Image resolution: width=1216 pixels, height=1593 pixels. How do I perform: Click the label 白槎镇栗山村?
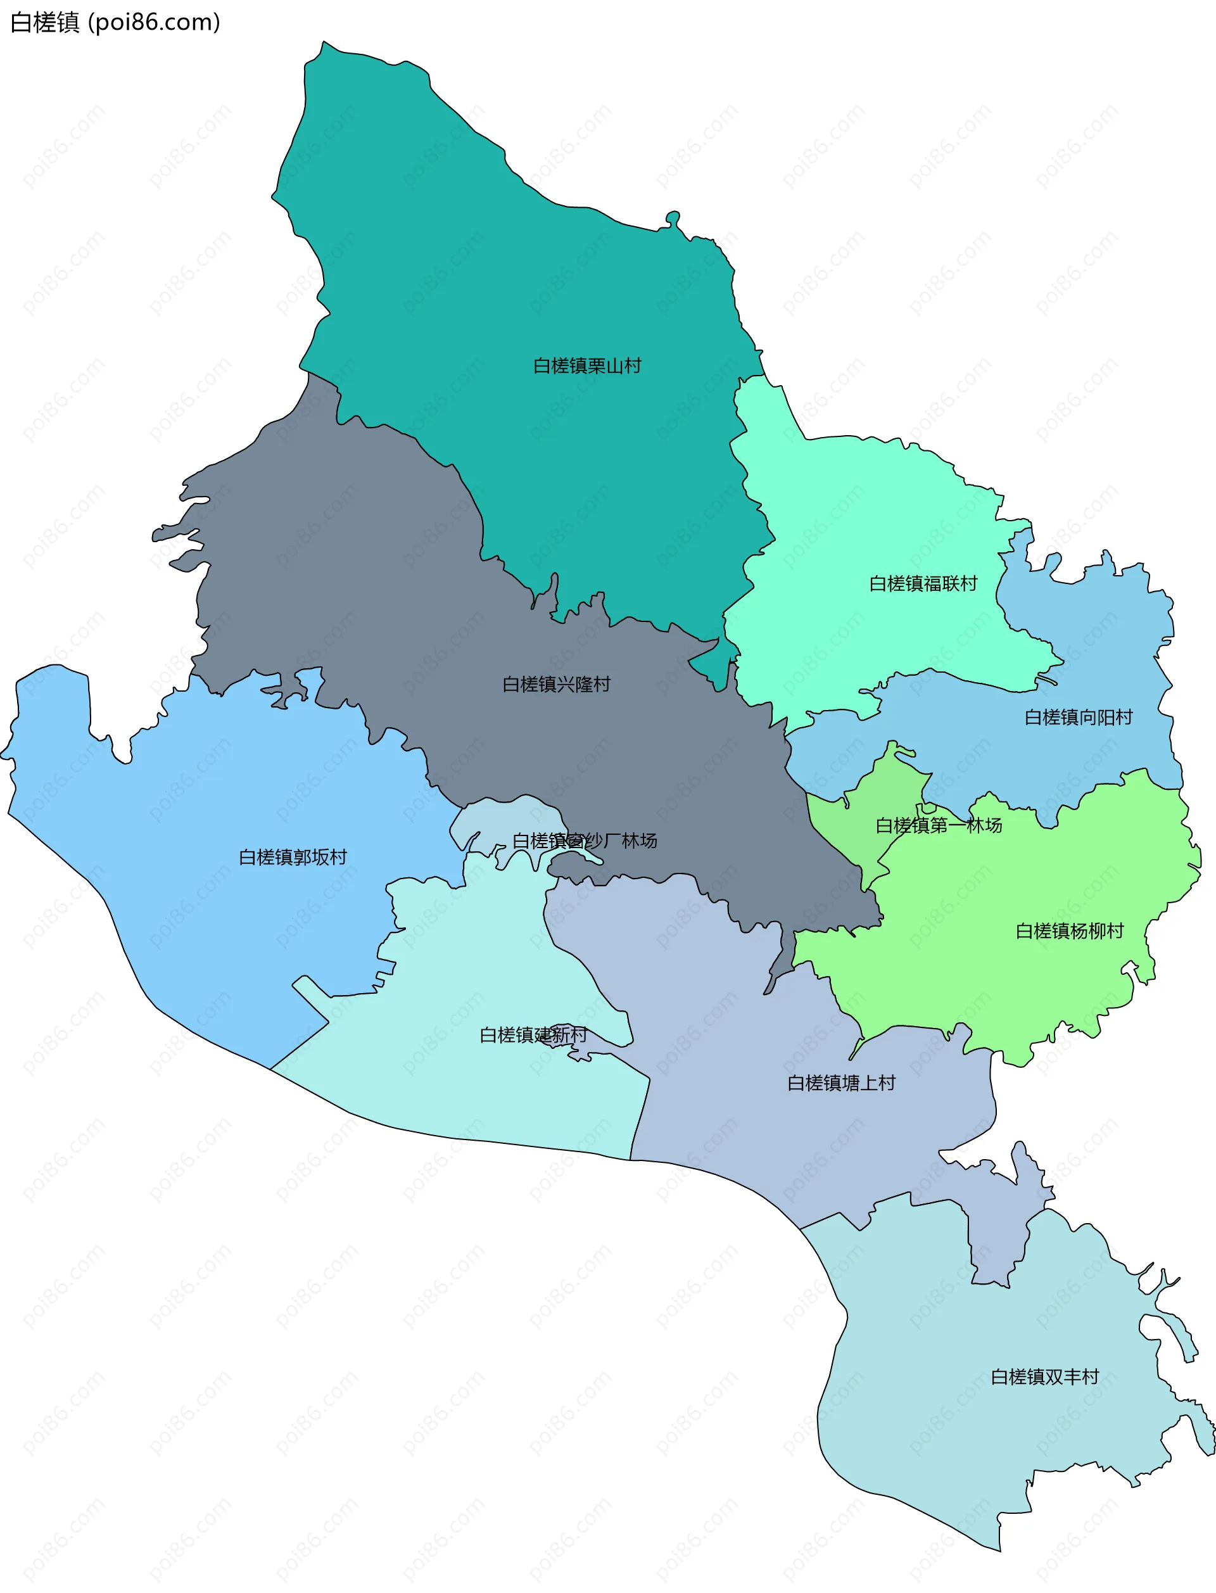587,366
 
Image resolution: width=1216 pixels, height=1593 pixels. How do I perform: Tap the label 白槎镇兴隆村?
557,684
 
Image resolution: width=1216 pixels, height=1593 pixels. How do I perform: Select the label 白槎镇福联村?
923,583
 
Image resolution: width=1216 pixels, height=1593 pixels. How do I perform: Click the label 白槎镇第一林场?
939,825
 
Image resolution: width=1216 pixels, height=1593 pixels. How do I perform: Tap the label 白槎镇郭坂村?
293,857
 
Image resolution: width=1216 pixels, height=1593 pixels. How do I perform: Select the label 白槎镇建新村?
533,1035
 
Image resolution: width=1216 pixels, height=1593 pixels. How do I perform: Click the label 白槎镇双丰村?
1044,1376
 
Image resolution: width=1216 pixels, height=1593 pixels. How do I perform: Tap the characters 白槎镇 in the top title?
45,22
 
